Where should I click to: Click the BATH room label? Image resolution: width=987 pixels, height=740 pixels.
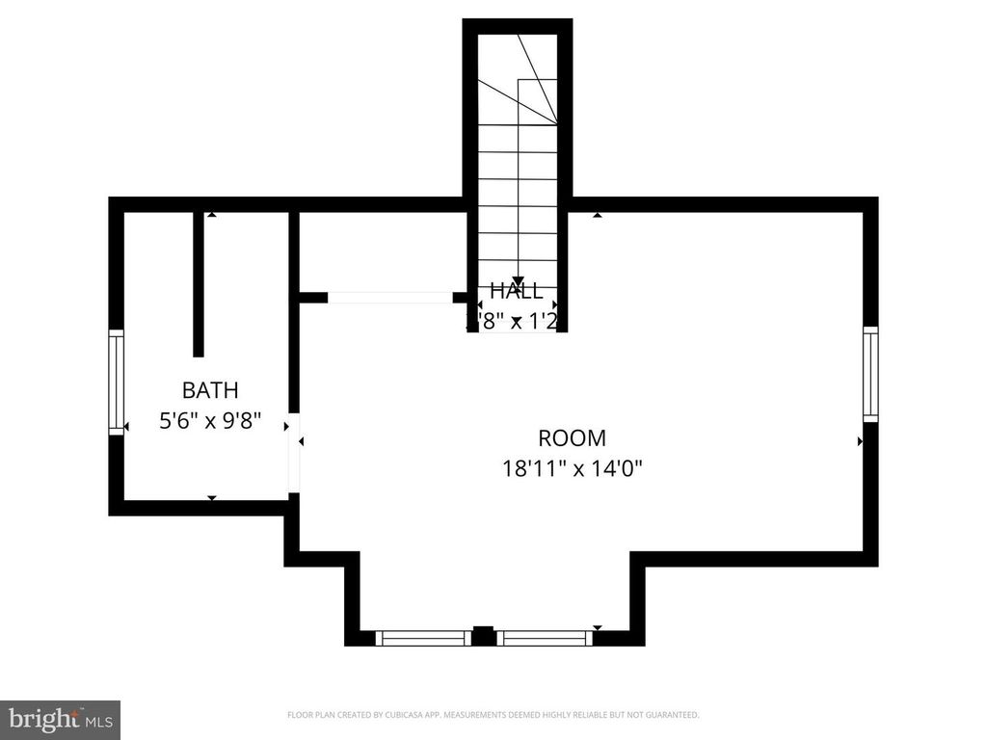coord(210,390)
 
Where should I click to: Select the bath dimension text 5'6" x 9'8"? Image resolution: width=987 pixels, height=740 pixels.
coord(210,421)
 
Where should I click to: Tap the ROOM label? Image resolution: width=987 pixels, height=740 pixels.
coord(572,437)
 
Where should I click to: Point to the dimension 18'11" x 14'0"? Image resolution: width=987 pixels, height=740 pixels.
coord(572,468)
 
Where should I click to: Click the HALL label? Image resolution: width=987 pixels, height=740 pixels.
coord(516,290)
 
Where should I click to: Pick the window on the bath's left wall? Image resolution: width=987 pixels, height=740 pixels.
coord(116,382)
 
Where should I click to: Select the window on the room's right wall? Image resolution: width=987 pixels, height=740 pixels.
coord(870,374)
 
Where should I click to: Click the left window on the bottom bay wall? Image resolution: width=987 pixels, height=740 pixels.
coord(422,637)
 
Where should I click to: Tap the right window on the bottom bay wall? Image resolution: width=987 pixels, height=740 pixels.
coord(545,637)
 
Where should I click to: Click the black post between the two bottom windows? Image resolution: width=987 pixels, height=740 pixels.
coord(483,636)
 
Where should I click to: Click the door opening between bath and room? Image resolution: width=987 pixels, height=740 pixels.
coord(294,451)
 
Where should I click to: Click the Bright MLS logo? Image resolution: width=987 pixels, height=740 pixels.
coord(60,719)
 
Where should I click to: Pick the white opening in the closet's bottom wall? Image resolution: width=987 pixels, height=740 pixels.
coord(390,298)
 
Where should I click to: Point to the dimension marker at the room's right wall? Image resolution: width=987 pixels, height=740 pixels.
coord(861,441)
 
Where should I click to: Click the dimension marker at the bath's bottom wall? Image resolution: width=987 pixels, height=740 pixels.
coord(212,497)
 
